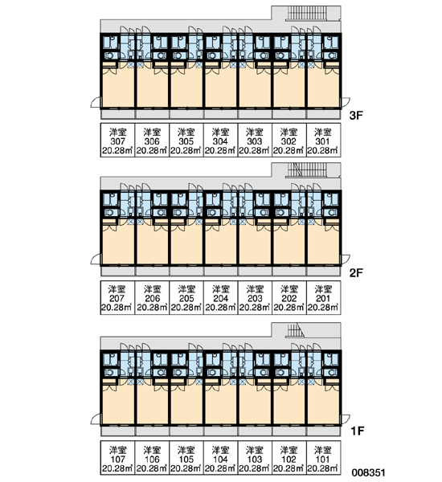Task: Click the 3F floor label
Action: coord(356,116)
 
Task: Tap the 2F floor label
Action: coord(356,272)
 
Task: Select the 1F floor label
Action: coord(358,431)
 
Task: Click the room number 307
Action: coord(117,141)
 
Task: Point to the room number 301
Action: coord(322,141)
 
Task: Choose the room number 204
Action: coord(220,299)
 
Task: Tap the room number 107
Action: coord(117,460)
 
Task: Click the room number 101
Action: coord(322,460)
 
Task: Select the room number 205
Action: coord(186,299)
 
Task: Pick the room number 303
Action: coord(255,141)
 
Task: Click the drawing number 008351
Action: coord(369,472)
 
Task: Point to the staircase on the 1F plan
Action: coord(296,330)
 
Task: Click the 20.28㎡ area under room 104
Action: coord(220,469)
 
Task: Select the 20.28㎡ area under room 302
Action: coord(289,151)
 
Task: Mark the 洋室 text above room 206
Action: coord(152,289)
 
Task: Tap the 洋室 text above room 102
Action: coord(289,451)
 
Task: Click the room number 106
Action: coord(152,460)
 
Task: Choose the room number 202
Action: coord(289,299)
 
